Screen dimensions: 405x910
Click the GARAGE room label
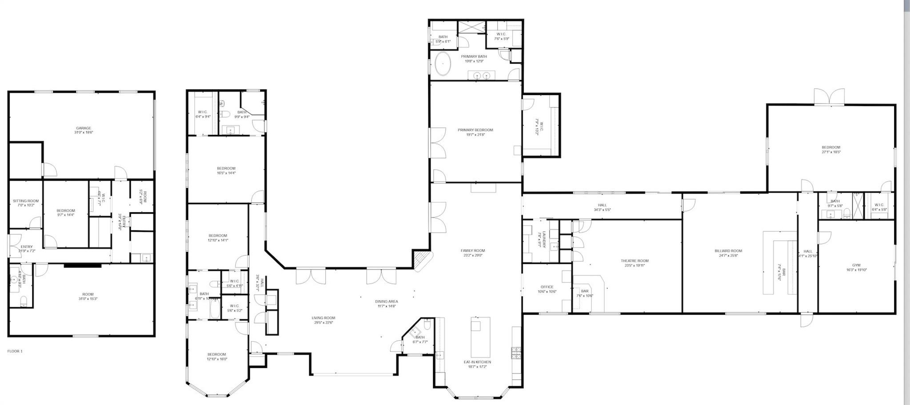point(84,128)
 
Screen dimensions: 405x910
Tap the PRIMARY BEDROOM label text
point(475,130)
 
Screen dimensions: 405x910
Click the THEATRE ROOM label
point(635,261)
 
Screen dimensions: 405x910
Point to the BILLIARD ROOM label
point(728,251)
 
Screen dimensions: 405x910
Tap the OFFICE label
point(547,287)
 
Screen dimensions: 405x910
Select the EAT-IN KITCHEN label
point(477,362)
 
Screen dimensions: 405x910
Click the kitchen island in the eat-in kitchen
point(480,339)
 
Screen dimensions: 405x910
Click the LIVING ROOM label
point(323,318)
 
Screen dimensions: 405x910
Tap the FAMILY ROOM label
point(472,250)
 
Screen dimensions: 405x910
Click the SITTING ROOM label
point(26,201)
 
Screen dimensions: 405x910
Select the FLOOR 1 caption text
point(15,351)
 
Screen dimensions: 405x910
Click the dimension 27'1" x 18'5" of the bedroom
point(830,152)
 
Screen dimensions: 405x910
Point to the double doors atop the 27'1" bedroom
point(829,97)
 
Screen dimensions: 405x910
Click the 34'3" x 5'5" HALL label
point(602,207)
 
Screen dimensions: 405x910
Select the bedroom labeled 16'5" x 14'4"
point(226,171)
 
